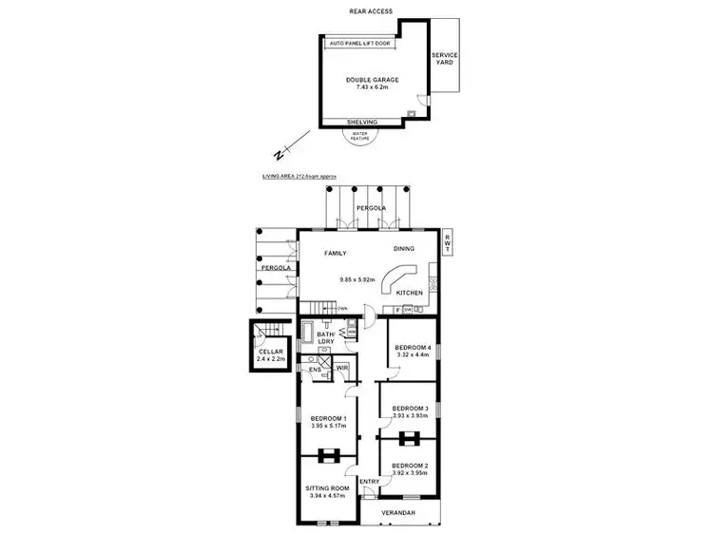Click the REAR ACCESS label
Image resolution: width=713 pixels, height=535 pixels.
370,11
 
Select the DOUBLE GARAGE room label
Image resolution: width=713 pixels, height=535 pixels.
373,80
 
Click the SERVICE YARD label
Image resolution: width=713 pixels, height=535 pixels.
444,59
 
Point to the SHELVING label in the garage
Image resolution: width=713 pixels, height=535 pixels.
361,123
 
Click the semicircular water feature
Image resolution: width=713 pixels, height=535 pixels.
360,137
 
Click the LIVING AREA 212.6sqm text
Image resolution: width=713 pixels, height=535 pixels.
299,177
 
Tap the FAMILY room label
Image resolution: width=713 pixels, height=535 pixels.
334,254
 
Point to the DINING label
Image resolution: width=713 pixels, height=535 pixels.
404,249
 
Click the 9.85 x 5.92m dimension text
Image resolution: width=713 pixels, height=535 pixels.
357,279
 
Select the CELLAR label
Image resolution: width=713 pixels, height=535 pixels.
270,352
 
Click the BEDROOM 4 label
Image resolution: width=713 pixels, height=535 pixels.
413,348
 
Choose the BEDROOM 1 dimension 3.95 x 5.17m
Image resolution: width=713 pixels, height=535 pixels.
329,426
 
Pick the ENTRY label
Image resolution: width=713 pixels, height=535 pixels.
369,481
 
